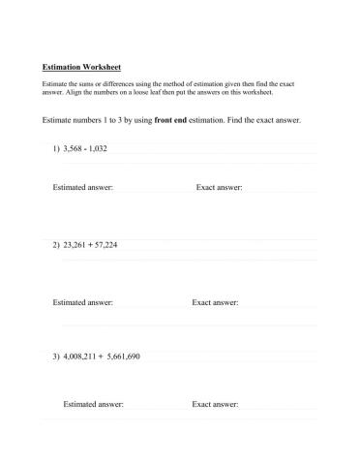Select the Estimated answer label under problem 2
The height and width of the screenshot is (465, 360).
83,302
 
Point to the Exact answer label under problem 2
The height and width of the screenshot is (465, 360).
215,302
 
